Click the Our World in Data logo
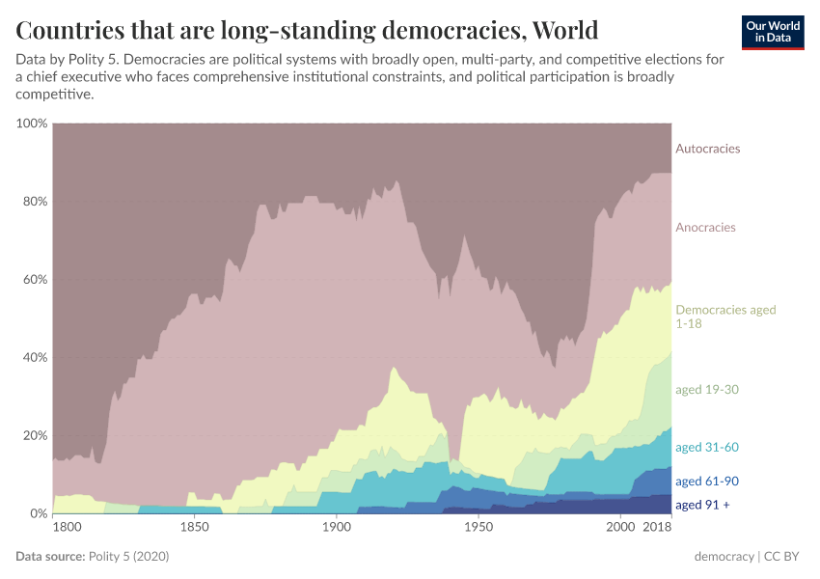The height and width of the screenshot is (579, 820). [x=772, y=32]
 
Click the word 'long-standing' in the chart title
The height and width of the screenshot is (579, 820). [x=292, y=30]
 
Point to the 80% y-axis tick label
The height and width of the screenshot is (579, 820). [x=34, y=202]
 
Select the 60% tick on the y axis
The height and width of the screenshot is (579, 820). [x=34, y=280]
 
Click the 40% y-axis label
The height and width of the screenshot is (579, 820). [x=34, y=357]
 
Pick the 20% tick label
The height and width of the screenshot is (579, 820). [x=34, y=435]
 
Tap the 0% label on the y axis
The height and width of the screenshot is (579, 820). [x=38, y=513]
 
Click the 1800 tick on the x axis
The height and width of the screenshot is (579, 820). [x=68, y=528]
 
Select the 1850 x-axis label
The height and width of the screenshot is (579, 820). [x=194, y=528]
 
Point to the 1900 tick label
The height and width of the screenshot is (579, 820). [x=336, y=528]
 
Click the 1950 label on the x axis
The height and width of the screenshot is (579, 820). [x=478, y=528]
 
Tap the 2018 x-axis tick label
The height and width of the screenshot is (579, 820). [x=657, y=528]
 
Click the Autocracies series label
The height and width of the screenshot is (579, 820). [x=707, y=149]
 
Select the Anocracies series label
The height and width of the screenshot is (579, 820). [x=705, y=228]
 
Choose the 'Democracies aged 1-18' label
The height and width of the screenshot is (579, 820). [x=725, y=317]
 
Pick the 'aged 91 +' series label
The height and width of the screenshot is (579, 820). [x=703, y=505]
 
